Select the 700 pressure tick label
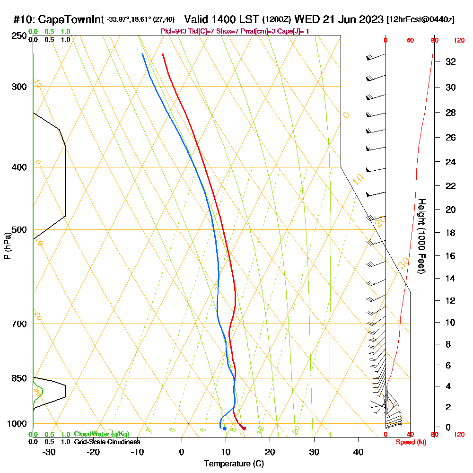point(19,324)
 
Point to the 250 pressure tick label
point(19,35)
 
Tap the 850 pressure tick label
point(19,378)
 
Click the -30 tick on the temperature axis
point(49,452)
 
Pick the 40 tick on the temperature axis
point(359,452)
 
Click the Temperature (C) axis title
point(234,464)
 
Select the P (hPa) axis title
point(8,245)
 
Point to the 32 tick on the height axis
point(451,61)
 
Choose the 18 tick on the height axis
point(451,232)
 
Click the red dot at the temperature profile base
point(244,429)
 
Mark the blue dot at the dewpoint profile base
point(225,429)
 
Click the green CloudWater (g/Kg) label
point(101,434)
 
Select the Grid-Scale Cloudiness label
point(107,442)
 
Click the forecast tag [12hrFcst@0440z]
point(420,20)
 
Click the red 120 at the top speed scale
point(459,41)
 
